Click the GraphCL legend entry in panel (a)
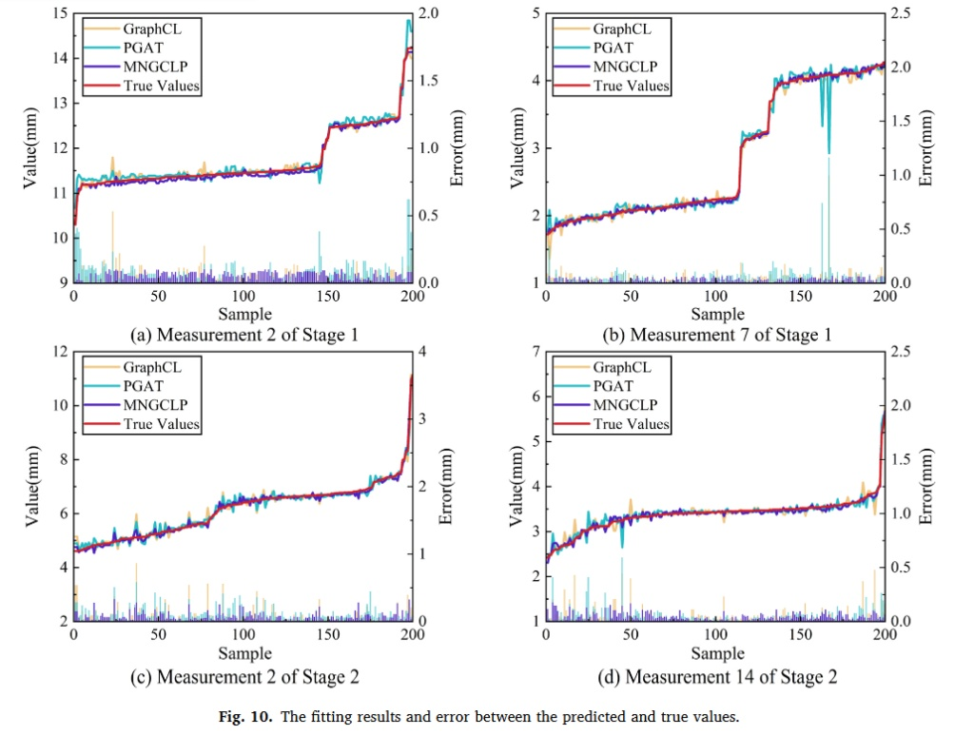[142, 29]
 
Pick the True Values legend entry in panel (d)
[612, 424]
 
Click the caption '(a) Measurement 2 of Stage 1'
[244, 336]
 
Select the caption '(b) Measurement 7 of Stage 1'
[717, 336]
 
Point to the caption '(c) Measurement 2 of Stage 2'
[244, 677]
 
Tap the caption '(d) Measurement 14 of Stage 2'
[717, 677]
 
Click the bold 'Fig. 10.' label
[245, 717]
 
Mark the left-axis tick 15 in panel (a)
[60, 13]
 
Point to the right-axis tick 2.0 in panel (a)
[428, 13]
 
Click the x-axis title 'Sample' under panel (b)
[717, 314]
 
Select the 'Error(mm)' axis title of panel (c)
[445, 486]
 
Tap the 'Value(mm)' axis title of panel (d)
[516, 486]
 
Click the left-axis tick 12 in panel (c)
[60, 352]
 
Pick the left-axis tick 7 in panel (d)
[536, 352]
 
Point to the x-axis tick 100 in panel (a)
[243, 296]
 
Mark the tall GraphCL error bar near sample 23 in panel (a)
[112, 246]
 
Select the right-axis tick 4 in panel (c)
[422, 352]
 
